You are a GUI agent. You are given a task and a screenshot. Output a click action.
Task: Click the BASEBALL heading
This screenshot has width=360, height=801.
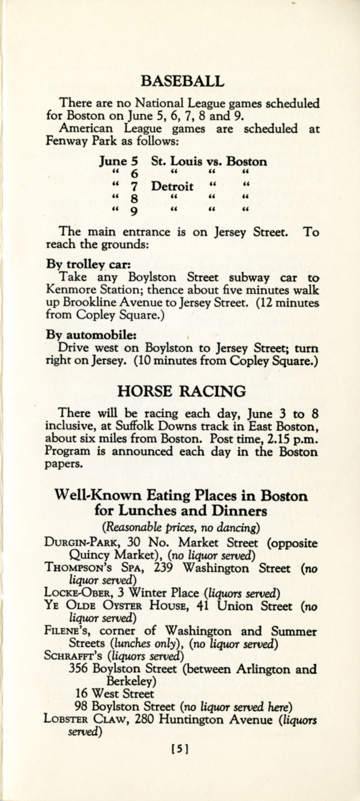coord(182,81)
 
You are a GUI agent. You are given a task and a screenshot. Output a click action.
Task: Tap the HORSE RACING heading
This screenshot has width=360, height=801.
coord(181,391)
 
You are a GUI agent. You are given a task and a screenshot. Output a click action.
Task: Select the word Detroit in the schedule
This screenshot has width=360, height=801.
coord(172,187)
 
